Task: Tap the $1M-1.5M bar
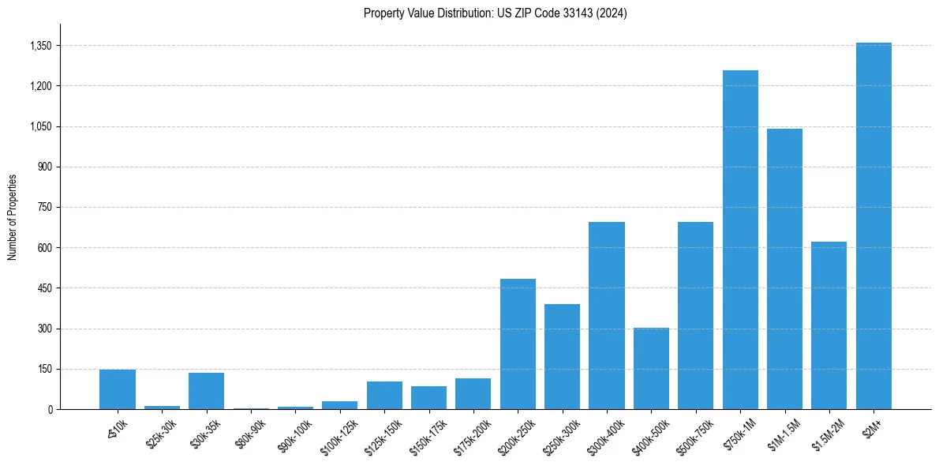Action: pos(784,269)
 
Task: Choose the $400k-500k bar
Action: pos(651,368)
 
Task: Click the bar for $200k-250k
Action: pos(518,344)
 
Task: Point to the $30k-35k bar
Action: pos(206,391)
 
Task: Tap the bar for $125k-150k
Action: pos(384,395)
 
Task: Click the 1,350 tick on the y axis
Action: pos(40,46)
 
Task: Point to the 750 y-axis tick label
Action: pos(44,208)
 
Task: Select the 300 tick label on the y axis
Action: pos(44,329)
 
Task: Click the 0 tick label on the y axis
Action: pos(50,410)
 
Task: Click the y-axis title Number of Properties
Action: pos(12,217)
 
